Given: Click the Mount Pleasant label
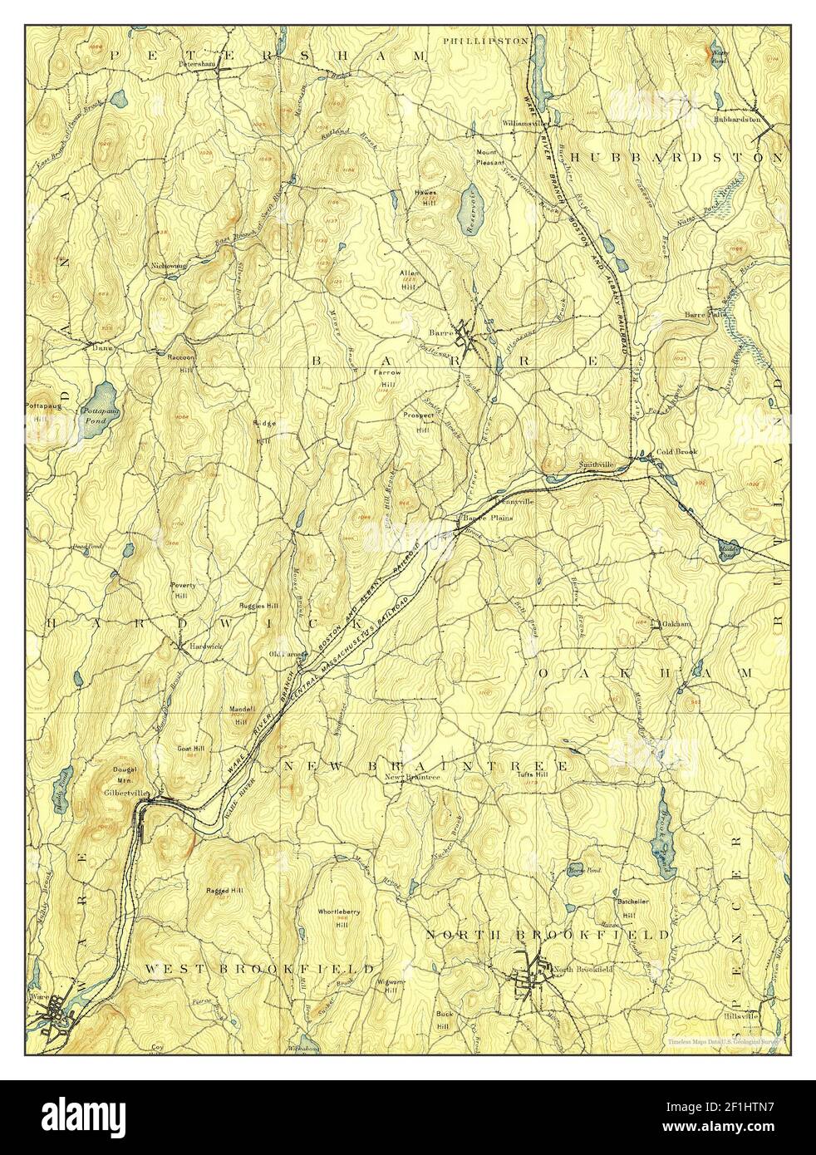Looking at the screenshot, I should click(489, 158).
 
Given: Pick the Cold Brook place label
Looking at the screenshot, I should click(676, 451).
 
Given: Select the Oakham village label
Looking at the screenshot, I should click(676, 622).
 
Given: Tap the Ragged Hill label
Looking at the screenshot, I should click(224, 890).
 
